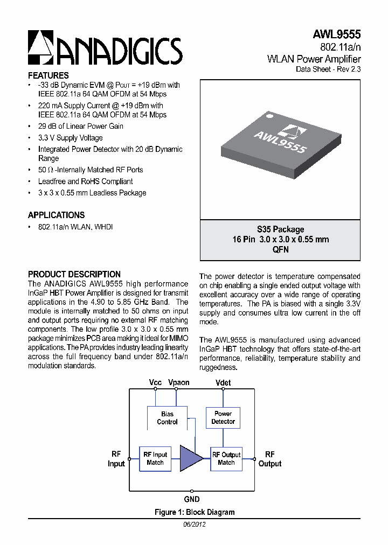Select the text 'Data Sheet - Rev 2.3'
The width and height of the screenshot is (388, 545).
(x=328, y=69)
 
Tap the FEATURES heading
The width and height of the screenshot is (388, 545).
(x=48, y=76)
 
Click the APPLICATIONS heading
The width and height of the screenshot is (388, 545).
(x=56, y=215)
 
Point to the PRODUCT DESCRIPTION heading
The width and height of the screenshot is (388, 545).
(x=74, y=274)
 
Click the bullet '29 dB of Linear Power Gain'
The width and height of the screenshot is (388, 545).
(x=80, y=126)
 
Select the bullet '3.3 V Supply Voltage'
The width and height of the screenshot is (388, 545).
(x=70, y=138)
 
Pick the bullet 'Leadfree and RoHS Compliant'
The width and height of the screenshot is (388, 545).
(x=85, y=181)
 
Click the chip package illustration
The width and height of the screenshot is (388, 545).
(x=280, y=144)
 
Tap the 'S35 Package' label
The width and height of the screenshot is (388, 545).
(x=280, y=229)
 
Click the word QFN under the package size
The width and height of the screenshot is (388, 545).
(x=280, y=249)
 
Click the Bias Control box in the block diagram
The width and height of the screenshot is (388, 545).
(x=167, y=418)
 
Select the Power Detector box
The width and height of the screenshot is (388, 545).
(x=223, y=417)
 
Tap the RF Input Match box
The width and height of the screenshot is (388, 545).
(x=155, y=458)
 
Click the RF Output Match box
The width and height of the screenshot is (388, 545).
(x=226, y=458)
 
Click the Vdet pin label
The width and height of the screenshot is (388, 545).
(x=223, y=382)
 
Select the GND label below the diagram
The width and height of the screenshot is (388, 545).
(x=191, y=499)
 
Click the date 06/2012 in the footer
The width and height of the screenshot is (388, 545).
(x=194, y=524)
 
